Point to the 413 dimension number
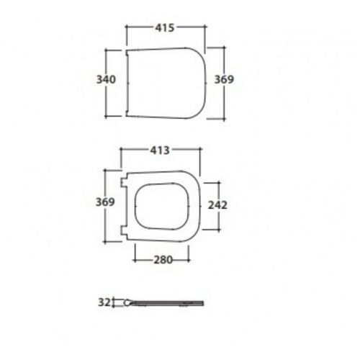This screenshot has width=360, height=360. click(159, 151)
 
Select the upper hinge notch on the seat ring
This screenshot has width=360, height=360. click(126, 180)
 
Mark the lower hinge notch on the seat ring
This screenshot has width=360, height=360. click(126, 230)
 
